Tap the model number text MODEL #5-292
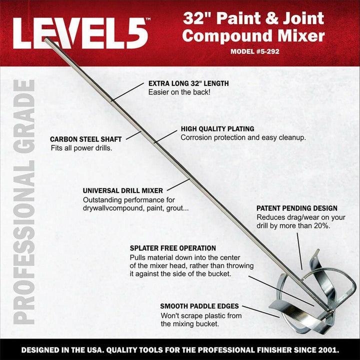click(254, 51)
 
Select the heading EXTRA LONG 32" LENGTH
click(188, 83)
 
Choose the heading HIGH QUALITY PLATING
click(217, 128)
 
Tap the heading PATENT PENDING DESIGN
click(296, 208)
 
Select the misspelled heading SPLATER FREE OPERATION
click(172, 248)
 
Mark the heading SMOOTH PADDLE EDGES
click(199, 305)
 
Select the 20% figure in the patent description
click(321, 226)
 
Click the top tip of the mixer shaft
click(45, 39)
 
